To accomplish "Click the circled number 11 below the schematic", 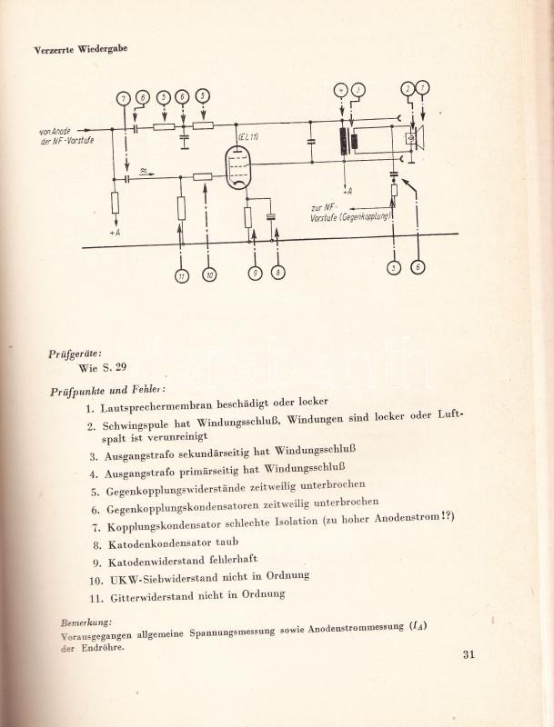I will coord(181,275).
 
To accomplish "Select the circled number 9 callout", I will coord(257,272).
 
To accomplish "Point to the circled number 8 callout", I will coord(278,272).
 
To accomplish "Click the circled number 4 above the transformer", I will coord(340,89).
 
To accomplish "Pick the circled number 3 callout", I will coord(391,267).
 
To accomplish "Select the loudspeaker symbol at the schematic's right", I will coord(414,138).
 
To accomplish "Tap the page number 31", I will coord(469,653).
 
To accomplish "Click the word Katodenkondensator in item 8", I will coord(166,543).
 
